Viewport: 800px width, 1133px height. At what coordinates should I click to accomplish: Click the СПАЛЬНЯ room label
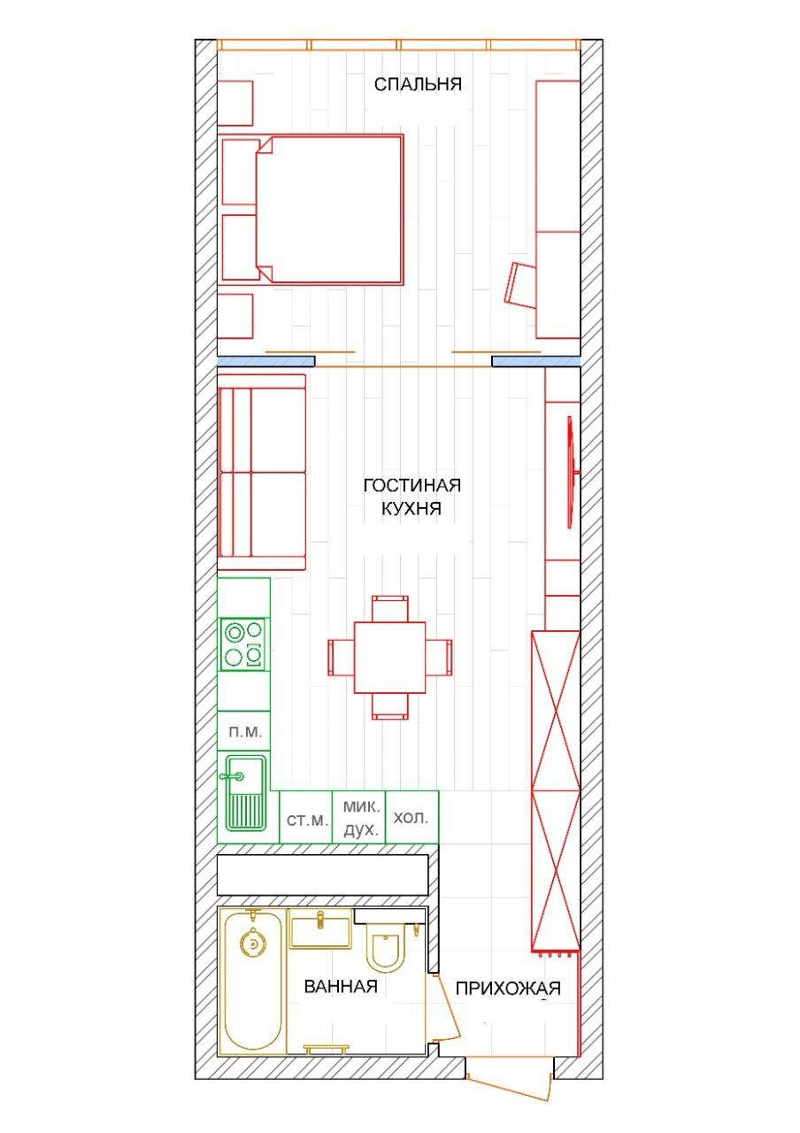click(x=418, y=84)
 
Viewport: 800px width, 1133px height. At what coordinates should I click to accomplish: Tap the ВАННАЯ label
click(x=341, y=986)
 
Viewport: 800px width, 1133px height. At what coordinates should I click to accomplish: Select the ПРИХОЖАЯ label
click(x=508, y=988)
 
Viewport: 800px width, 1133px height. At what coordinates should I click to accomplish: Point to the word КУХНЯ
click(x=412, y=508)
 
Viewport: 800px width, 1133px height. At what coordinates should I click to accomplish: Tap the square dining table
click(x=390, y=658)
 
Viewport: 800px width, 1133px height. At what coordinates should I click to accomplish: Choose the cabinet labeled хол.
click(x=412, y=817)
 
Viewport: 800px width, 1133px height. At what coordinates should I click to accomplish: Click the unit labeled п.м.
click(x=243, y=731)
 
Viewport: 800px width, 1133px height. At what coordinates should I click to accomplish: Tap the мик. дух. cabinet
click(x=359, y=817)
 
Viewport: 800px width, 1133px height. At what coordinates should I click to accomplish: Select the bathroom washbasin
click(x=320, y=929)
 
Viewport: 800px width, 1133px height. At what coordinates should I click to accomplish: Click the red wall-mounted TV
click(x=572, y=473)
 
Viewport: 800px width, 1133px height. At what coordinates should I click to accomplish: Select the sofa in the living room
click(x=262, y=473)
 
